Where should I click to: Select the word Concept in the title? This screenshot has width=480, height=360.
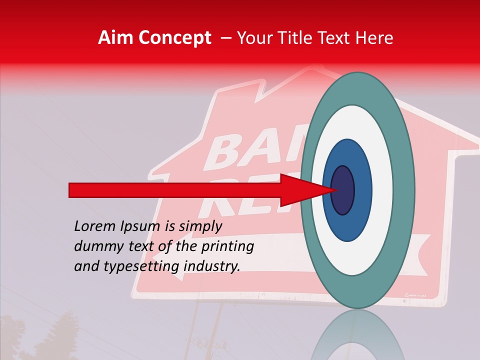tap(175, 38)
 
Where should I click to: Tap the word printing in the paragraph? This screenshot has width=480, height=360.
tap(227, 246)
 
